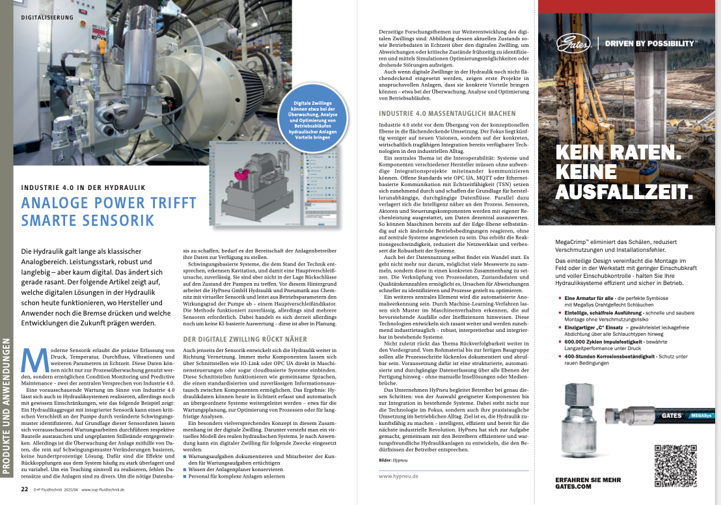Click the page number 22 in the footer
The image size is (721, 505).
point(24,489)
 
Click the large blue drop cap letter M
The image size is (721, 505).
point(34,362)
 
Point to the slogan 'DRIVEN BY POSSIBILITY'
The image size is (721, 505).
point(650,44)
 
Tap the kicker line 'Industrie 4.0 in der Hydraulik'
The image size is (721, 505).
point(83,188)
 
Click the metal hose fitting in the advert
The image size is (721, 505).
point(579,416)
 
